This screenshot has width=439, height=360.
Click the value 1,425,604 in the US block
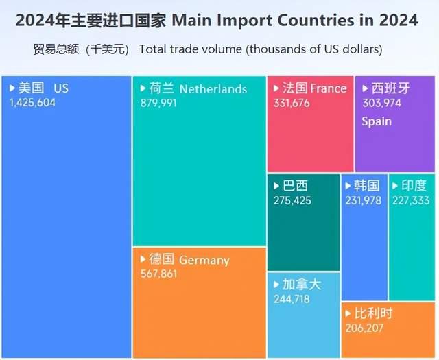[32, 102]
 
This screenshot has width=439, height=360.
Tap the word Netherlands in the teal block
[213, 89]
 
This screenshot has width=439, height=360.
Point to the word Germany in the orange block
[204, 260]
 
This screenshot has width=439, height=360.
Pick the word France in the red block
[329, 88]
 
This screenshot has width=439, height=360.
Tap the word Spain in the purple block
[377, 121]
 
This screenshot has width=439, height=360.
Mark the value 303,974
[381, 102]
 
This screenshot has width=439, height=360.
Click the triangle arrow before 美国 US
[12, 88]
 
